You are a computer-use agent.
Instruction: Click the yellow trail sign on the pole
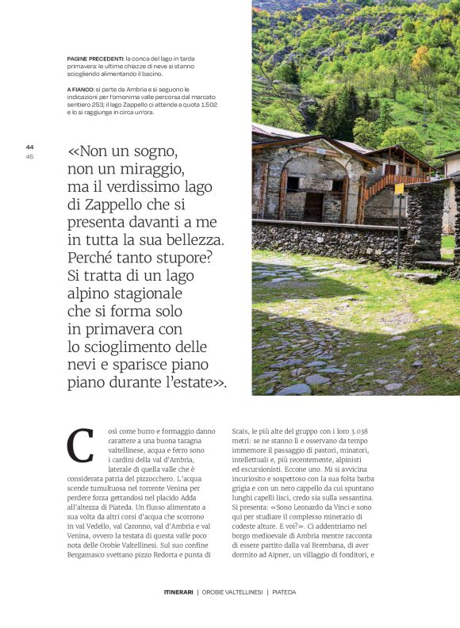(400, 189)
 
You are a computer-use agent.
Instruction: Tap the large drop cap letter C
(80, 445)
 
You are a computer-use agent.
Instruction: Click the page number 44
(29, 147)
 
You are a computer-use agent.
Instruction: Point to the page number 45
(29, 155)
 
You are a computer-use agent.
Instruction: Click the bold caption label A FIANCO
(82, 90)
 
